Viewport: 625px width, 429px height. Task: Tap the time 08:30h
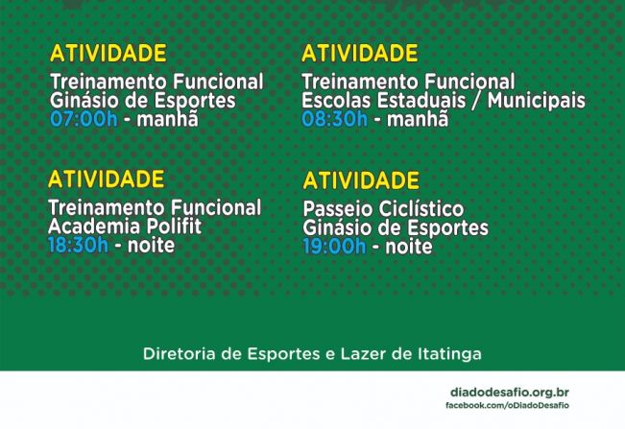point(334,119)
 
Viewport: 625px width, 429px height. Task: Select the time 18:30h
point(79,244)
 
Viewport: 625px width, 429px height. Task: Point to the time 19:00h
point(334,246)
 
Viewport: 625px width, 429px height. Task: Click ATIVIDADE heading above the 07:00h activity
point(108,54)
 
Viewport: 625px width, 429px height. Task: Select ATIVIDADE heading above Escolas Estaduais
point(360,54)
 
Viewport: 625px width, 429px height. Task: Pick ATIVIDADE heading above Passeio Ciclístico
point(361,180)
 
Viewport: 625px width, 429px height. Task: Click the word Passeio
point(334,209)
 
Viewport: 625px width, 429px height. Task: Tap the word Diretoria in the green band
point(179,353)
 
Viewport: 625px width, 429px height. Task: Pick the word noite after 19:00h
point(407,246)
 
